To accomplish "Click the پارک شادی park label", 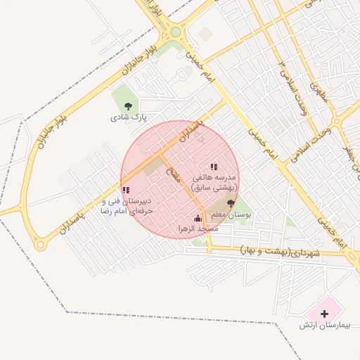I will [127, 118].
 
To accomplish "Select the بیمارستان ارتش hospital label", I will [323, 325].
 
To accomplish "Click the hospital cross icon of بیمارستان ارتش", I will [324, 313].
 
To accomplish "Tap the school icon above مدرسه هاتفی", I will [214, 167].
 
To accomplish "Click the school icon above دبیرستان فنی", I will [125, 190].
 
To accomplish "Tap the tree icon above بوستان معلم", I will [231, 202].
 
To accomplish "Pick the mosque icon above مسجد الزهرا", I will [198, 218].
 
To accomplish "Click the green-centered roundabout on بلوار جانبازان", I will [175, 32].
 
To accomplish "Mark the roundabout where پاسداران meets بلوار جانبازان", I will [41, 245].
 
